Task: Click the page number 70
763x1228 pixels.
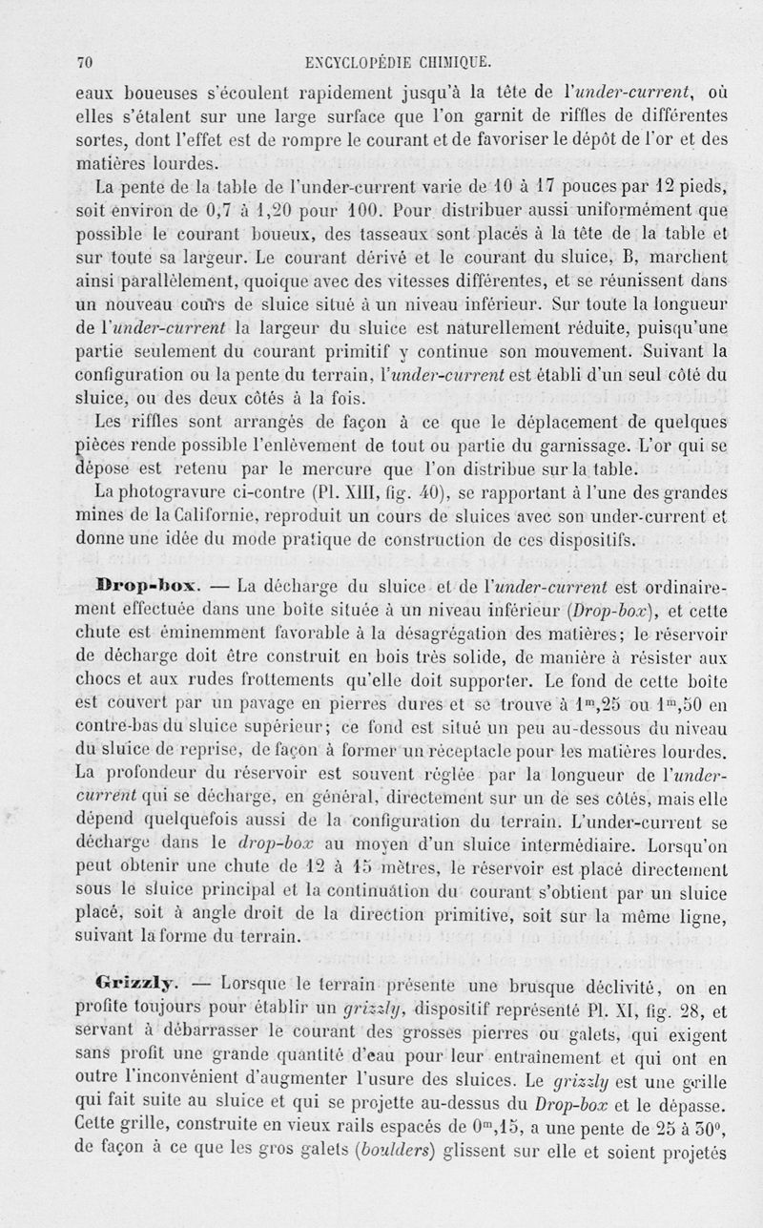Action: pos(83,63)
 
